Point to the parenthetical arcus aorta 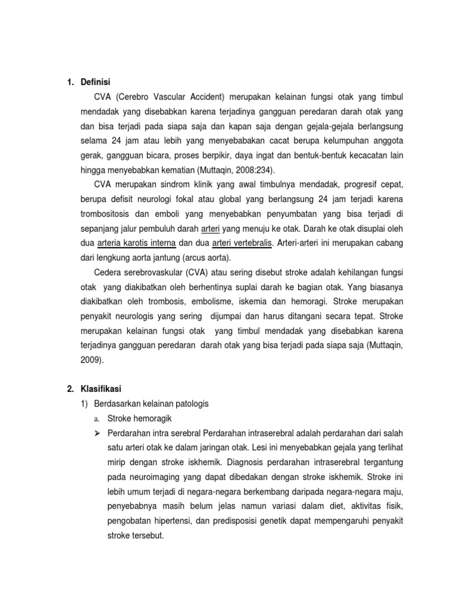pos(211,259)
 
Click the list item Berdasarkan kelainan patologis pos(151,403)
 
